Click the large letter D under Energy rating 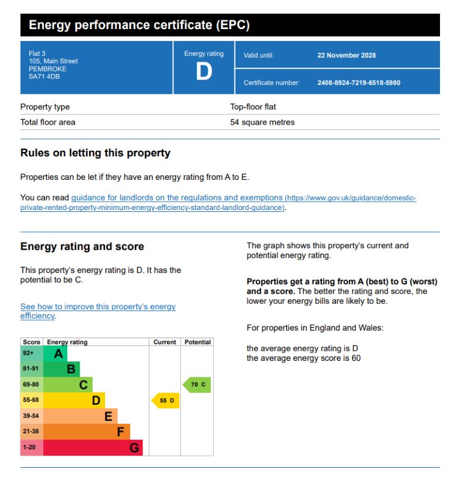click(204, 71)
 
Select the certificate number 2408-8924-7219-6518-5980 click(359, 83)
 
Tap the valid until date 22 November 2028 click(346, 55)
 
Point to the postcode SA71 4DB click(44, 77)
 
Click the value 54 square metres click(262, 122)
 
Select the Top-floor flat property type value click(253, 107)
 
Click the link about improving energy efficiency click(98, 311)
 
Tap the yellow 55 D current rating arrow click(165, 401)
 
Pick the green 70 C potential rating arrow click(197, 385)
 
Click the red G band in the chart click(93, 448)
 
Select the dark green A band click(55, 354)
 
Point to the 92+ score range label click(28, 353)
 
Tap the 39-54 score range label click(30, 415)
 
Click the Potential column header click(197, 342)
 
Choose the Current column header click(164, 342)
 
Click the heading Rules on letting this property click(96, 153)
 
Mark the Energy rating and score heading click(82, 246)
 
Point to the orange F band click(87, 432)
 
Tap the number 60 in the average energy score click(356, 359)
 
